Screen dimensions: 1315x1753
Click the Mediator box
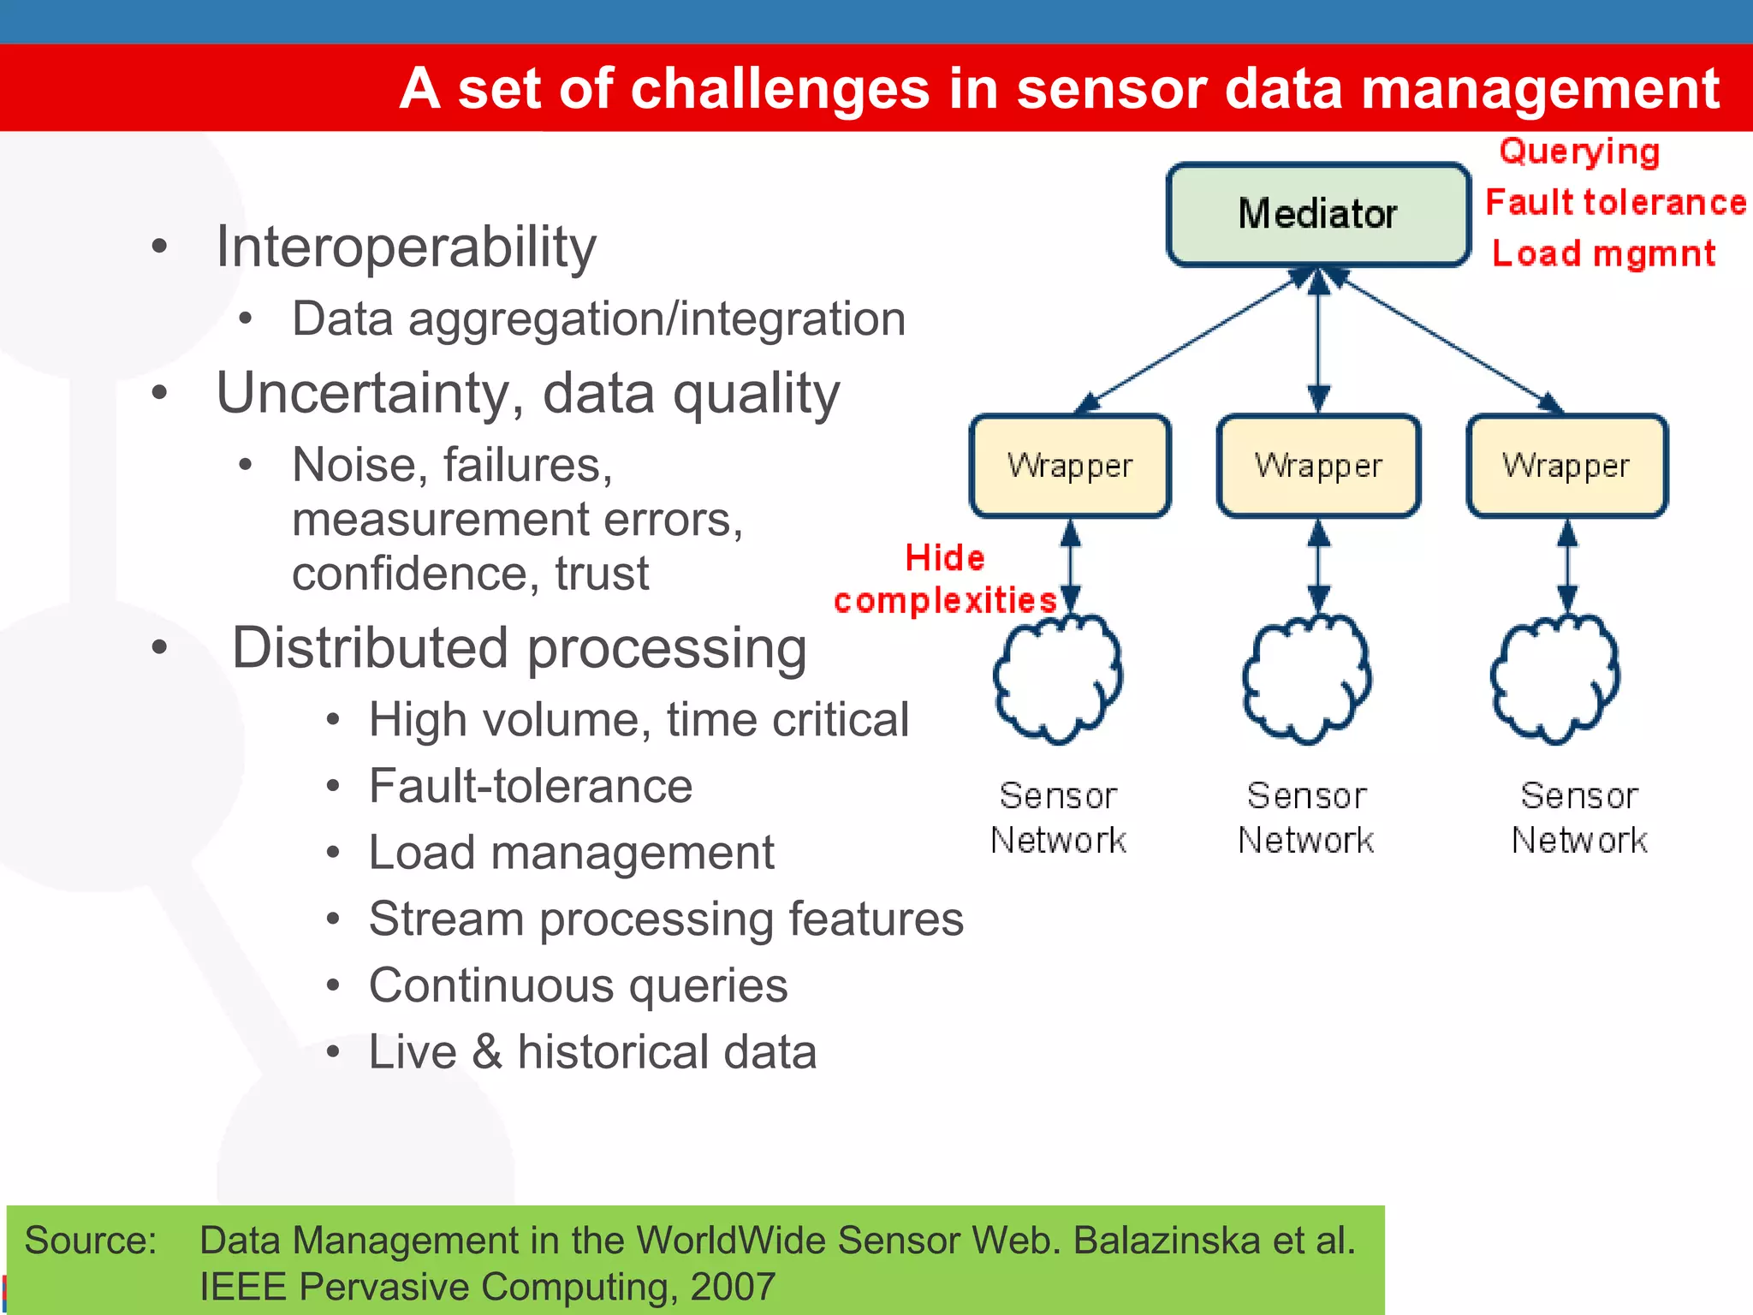[1318, 214]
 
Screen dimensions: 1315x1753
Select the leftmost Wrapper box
[1070, 466]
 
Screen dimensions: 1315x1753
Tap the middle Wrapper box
[1318, 466]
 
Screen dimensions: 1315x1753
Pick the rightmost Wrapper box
[1566, 466]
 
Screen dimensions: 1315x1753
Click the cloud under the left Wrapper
[1058, 678]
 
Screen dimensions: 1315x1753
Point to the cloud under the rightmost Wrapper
[1554, 678]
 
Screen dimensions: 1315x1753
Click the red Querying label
[1579, 152]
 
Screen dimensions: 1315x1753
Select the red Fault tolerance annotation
[1615, 203]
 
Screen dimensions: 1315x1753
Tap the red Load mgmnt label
[1603, 254]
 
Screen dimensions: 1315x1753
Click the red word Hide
[945, 558]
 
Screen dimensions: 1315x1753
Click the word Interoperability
[406, 247]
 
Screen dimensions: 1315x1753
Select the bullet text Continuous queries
[578, 985]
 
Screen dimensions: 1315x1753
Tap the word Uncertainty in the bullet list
[363, 394]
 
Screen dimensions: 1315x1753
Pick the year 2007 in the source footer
[732, 1287]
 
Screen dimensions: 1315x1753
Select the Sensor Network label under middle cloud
[1306, 818]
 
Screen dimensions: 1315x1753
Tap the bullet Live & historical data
[592, 1052]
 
